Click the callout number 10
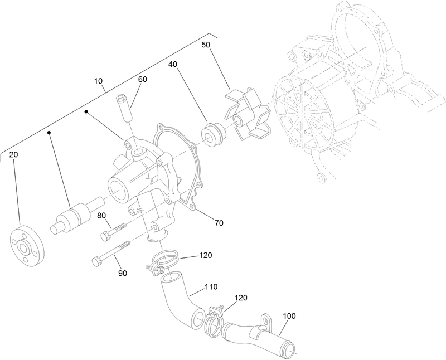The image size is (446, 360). (x=99, y=81)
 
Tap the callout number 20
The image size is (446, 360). (x=14, y=154)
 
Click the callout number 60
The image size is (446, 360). (x=143, y=79)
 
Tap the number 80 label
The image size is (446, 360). (x=102, y=216)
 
